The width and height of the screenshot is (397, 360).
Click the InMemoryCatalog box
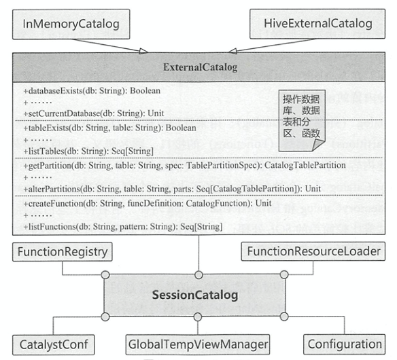[71, 24]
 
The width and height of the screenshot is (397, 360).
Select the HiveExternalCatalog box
[317, 24]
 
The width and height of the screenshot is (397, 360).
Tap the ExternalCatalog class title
[201, 67]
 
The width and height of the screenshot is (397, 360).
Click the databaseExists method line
[92, 91]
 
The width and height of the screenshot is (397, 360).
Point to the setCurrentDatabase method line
[94, 113]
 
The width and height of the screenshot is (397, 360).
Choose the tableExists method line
[109, 128]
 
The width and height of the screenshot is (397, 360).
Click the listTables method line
[88, 151]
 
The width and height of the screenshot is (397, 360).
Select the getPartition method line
[185, 166]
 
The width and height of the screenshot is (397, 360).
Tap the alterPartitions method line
[172, 189]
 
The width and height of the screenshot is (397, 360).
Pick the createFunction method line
[148, 203]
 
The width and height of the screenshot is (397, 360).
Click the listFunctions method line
[123, 226]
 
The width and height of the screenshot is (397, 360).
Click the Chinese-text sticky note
[302, 120]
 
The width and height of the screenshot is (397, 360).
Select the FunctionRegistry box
[63, 252]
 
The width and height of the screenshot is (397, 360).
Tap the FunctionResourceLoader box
[313, 251]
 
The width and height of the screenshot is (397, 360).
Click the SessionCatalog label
[195, 295]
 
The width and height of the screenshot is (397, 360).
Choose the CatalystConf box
[54, 345]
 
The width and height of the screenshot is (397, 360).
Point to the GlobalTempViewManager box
[198, 344]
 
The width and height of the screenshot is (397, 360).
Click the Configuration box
[345, 344]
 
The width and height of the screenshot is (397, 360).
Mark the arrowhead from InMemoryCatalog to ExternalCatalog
[143, 51]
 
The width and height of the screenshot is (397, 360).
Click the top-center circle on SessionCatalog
[198, 275]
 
